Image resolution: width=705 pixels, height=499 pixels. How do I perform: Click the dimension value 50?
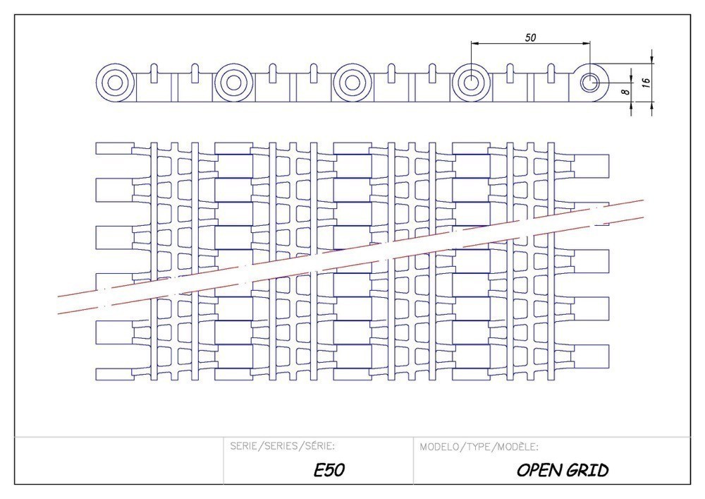pyautogui.click(x=530, y=37)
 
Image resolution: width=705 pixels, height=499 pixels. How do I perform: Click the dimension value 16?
pyautogui.click(x=646, y=82)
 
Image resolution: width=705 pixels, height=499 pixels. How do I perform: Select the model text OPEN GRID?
pyautogui.click(x=562, y=470)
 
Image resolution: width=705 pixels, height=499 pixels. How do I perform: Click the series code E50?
pyautogui.click(x=329, y=470)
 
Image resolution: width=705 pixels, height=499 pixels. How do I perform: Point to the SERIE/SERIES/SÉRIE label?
pyautogui.click(x=282, y=447)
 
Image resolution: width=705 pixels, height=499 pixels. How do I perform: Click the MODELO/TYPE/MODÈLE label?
pyautogui.click(x=479, y=447)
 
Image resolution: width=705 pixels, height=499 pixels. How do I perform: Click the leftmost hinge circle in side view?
pyautogui.click(x=114, y=83)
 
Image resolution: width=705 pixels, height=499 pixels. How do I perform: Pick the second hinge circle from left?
pyautogui.click(x=232, y=83)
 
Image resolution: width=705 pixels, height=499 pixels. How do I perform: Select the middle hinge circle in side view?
pyautogui.click(x=350, y=83)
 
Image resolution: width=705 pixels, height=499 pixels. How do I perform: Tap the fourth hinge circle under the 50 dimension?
pyautogui.click(x=470, y=83)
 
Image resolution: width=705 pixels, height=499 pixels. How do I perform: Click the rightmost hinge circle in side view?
pyautogui.click(x=589, y=83)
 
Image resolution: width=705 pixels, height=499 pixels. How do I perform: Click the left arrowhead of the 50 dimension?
pyautogui.click(x=474, y=44)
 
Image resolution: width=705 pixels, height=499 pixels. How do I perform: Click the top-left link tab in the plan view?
pyautogui.click(x=114, y=148)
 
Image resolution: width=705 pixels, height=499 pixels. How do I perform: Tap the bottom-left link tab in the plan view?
pyautogui.click(x=114, y=373)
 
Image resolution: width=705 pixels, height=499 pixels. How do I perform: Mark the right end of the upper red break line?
pyautogui.click(x=643, y=200)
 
